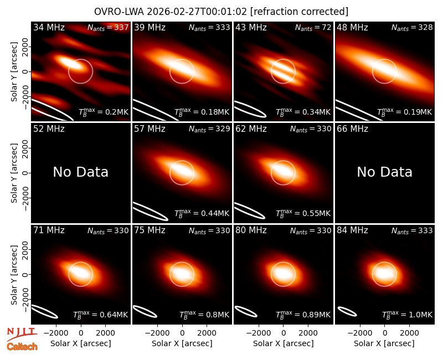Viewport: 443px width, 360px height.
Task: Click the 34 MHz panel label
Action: [x=49, y=27]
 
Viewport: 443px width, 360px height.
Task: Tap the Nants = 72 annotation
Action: [x=313, y=27]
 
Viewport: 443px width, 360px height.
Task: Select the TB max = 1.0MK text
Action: [x=407, y=315]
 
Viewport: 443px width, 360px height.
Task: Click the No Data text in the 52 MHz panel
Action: [x=81, y=172]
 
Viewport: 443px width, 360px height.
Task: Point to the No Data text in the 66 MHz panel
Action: [x=384, y=172]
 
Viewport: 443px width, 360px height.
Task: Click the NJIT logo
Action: [x=21, y=334]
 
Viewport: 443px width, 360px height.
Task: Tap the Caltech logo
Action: [x=22, y=347]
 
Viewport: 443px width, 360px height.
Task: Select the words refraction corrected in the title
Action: [x=299, y=12]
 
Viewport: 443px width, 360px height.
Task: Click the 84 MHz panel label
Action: [x=352, y=230]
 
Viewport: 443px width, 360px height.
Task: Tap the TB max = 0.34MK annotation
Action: [x=303, y=112]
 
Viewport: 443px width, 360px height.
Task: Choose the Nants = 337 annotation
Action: [x=108, y=27]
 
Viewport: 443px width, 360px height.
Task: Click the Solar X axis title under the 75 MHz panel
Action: [x=182, y=343]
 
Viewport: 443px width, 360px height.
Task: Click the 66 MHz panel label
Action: [x=352, y=129]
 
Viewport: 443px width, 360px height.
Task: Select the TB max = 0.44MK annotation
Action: [x=202, y=213]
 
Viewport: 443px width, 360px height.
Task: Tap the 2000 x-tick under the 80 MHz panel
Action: [x=308, y=333]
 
